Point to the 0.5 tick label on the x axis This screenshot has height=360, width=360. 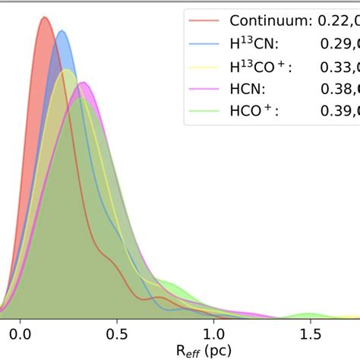pos(117,333)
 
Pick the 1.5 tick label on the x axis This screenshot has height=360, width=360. pos(309,333)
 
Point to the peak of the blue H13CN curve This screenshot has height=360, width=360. pos(61,31)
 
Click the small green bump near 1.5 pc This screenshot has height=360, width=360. pos(309,313)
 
